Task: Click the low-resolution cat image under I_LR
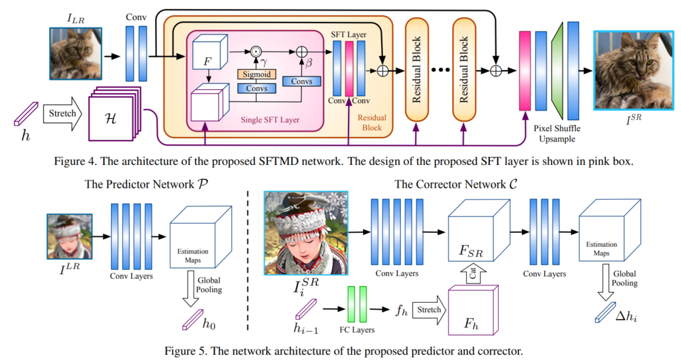75,53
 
